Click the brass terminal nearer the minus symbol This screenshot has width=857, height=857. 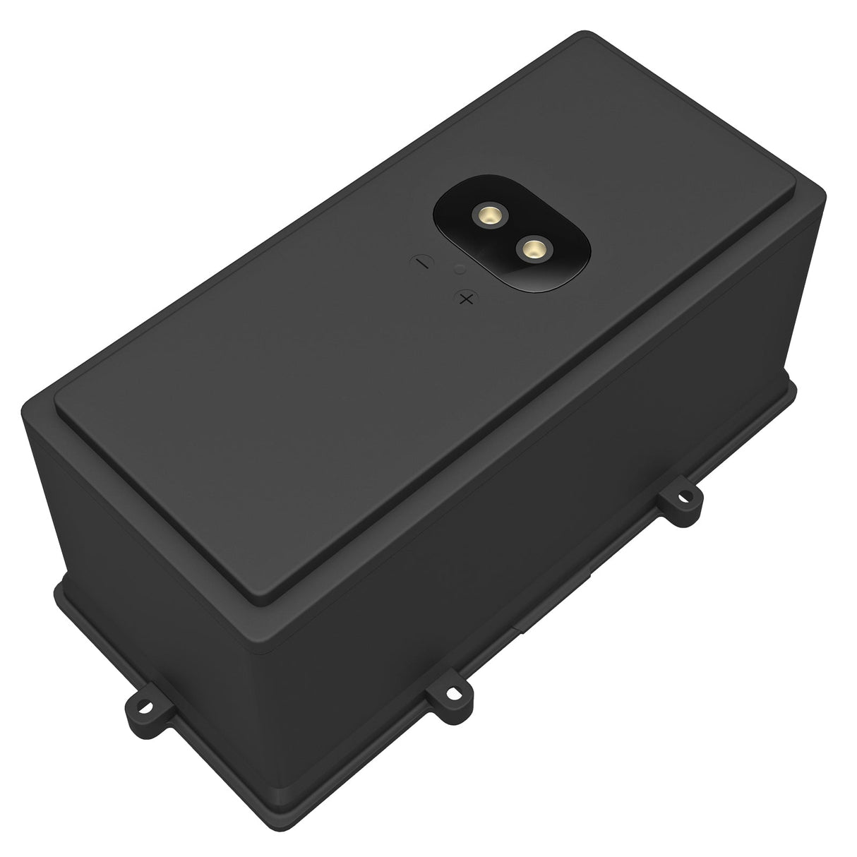(486, 214)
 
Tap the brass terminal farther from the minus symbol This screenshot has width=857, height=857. (532, 248)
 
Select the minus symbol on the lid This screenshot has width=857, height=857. (421, 262)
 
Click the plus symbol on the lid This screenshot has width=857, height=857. (465, 299)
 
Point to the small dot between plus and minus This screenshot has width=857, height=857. (460, 269)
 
